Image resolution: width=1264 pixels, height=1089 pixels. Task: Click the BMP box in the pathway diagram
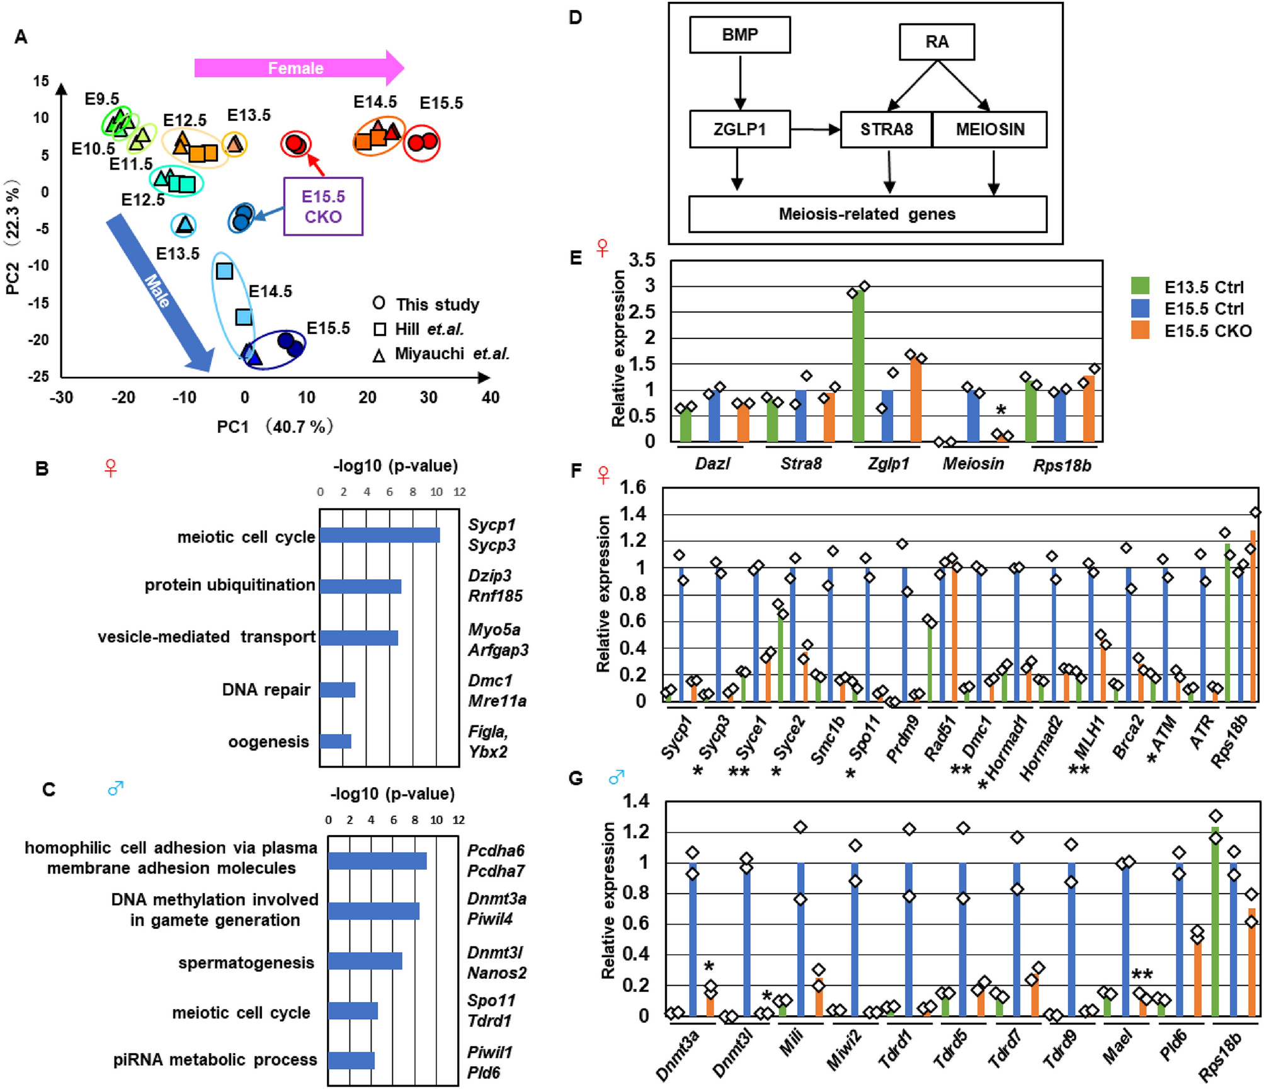point(739,35)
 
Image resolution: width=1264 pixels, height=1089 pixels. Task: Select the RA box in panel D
point(937,42)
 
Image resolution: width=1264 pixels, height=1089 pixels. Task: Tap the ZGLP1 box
point(739,129)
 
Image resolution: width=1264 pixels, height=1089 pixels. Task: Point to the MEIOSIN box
point(989,129)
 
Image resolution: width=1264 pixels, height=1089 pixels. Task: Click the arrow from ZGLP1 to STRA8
point(815,129)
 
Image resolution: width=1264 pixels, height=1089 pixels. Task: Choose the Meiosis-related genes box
point(867,214)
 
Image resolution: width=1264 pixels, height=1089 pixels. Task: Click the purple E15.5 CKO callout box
point(323,207)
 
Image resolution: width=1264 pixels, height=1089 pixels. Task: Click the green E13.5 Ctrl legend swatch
point(1140,286)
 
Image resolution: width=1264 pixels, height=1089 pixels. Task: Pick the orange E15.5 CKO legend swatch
point(1140,330)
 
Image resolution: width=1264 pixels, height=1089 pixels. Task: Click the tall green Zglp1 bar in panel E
point(858,366)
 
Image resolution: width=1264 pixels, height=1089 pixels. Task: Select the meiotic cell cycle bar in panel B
point(380,535)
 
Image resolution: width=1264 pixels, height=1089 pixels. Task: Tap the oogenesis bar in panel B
point(335,741)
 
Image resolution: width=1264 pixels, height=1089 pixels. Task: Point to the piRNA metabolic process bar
point(351,1060)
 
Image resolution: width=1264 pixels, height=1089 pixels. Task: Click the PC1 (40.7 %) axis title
point(275,427)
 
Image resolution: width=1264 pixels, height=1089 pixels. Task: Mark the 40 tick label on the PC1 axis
point(490,397)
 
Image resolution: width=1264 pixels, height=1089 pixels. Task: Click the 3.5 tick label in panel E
point(642,260)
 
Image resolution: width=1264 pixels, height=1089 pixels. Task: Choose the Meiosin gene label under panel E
point(973,464)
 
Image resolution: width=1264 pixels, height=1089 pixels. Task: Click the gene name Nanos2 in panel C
point(496,972)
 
